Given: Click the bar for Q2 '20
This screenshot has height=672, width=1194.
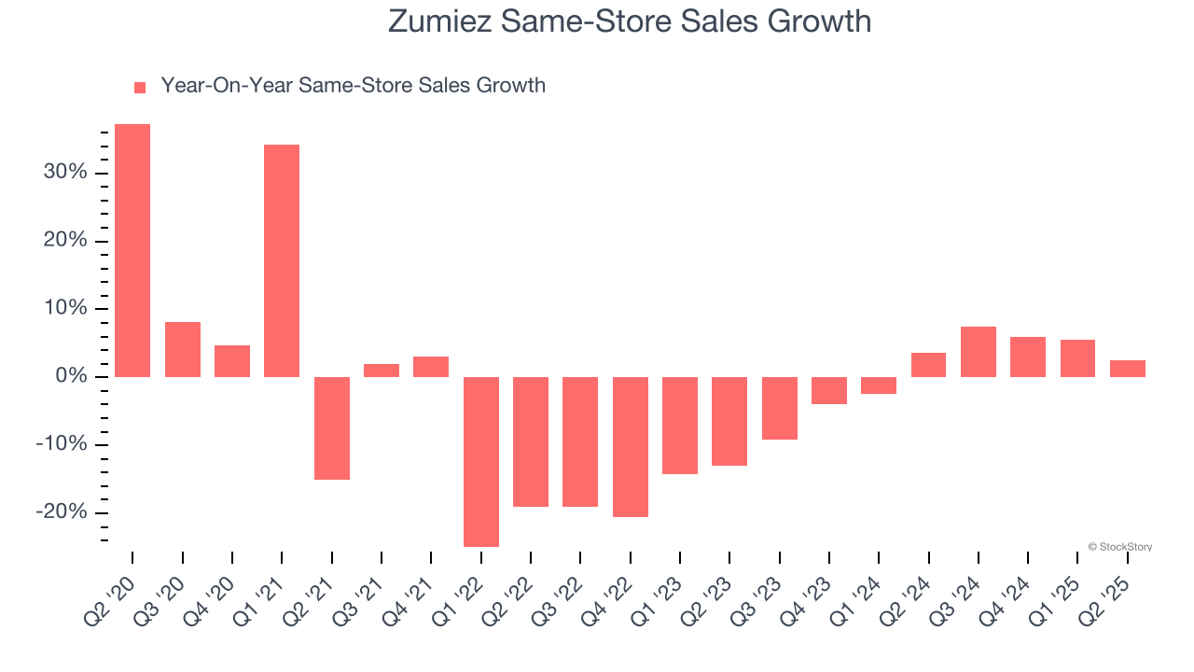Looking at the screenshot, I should point(132,250).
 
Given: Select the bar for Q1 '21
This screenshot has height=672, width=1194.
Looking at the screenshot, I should point(282,260).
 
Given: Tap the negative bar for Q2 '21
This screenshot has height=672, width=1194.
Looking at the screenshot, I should point(332,427).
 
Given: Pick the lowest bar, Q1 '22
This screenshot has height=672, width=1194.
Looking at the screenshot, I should point(481,461).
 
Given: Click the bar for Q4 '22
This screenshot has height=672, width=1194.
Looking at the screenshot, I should point(631,446).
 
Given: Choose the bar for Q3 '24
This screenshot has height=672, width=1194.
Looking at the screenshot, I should point(979,352).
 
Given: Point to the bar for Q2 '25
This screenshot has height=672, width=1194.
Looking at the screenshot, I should point(1128,369).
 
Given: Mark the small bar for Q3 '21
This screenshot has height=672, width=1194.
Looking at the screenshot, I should point(382,371).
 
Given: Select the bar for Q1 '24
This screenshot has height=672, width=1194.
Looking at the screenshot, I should point(879,385).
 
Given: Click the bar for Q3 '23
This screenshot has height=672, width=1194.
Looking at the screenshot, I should point(780,408).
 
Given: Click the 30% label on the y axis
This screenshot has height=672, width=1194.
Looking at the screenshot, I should point(64,173).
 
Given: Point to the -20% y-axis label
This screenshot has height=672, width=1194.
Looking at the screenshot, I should point(62,512).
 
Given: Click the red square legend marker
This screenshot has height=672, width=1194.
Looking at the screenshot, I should point(140,87).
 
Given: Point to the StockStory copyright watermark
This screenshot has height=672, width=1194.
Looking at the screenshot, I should point(1119,547).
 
